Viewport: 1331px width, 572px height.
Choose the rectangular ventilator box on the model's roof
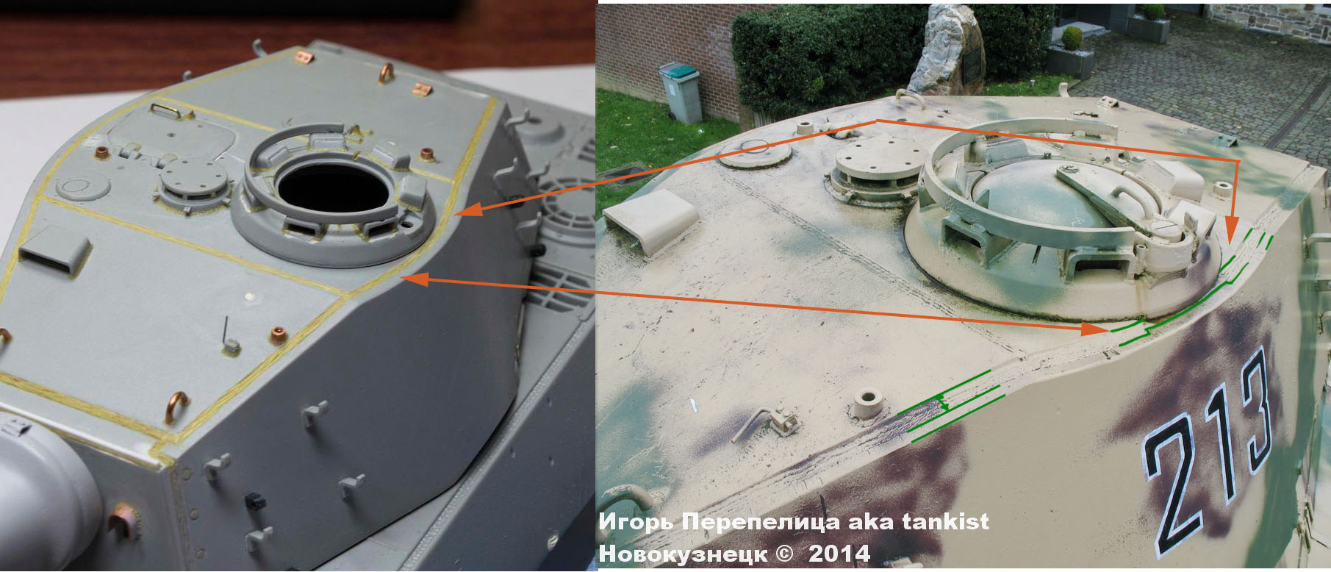(53, 248)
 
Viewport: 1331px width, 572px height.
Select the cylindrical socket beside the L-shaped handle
(867, 403)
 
